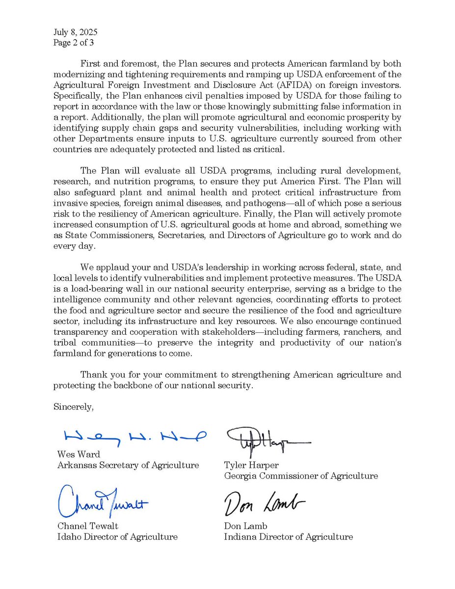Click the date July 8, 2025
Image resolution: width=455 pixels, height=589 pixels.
pos(75,32)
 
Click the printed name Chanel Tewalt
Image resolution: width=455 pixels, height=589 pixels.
pos(88,526)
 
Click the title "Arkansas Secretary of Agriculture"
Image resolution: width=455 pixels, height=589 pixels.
pos(128,465)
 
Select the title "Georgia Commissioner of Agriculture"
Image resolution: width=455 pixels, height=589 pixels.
pos(301,476)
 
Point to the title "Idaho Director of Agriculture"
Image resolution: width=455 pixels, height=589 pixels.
pos(117,536)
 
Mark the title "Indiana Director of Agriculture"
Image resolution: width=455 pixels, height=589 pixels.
pos(288,536)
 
